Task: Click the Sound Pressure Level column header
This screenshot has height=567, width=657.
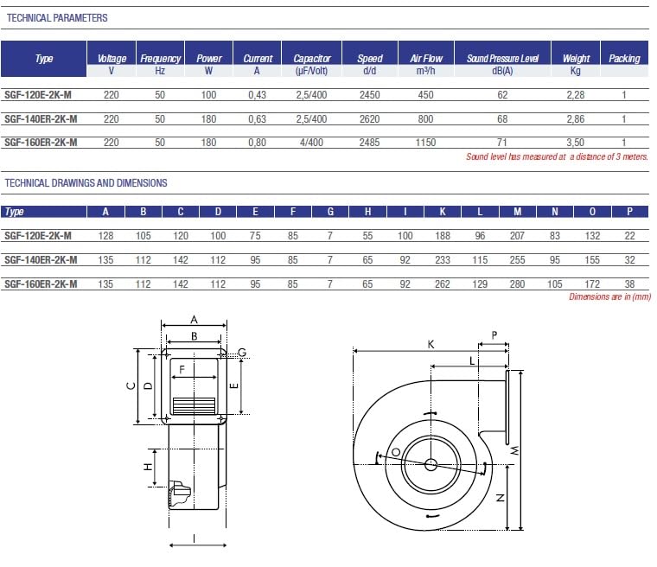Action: [x=502, y=58]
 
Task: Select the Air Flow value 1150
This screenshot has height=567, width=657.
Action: [x=425, y=143]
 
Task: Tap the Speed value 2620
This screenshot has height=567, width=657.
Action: [x=369, y=119]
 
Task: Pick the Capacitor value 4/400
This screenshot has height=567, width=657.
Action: [x=311, y=143]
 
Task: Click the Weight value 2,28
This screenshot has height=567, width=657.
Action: [x=575, y=95]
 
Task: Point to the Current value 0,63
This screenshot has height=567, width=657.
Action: [x=257, y=119]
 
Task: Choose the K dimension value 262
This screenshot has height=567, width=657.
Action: [x=442, y=284]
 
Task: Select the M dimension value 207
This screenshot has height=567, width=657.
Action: [x=517, y=235]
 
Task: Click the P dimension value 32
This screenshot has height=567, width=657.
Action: [x=629, y=260]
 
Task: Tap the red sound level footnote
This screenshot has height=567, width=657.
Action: [x=557, y=156]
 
